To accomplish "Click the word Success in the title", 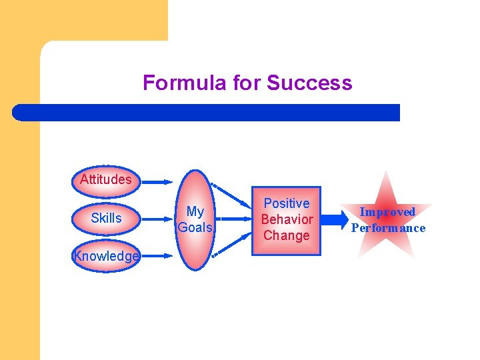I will coord(309,83).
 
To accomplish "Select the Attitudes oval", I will coord(105,179).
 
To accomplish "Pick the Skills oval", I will coord(106,218).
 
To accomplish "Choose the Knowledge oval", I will coord(106,256).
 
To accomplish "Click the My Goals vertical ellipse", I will coord(195,220).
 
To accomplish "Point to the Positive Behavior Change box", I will coord(287,219).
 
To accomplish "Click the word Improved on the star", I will coord(387,212).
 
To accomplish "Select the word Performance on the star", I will coord(388,228).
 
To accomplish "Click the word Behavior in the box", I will coord(287,219).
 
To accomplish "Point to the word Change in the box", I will coord(287,235).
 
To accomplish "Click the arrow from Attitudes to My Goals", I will coord(157,180).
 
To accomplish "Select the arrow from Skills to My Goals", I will coord(157,219).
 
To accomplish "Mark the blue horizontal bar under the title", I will coord(207,112).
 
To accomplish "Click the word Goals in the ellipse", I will coord(195,227).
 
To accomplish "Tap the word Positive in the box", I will coord(287,203).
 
